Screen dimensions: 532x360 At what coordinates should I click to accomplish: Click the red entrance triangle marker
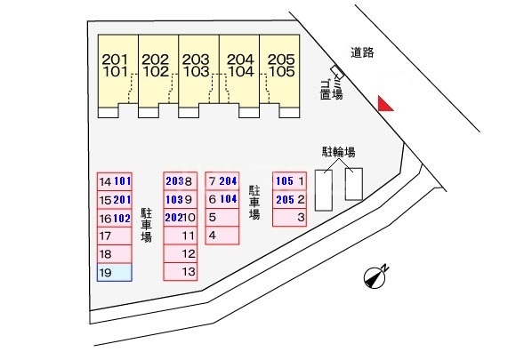384,104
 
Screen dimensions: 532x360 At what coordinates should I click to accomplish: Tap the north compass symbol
375,277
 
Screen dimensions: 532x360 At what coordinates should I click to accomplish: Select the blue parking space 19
115,273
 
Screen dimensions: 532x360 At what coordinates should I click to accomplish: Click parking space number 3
290,217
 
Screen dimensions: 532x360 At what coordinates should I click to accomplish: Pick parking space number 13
181,272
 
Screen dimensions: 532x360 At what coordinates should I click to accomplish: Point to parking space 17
115,236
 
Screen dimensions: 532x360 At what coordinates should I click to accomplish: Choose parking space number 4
222,236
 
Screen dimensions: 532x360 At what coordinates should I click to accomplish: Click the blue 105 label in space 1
285,181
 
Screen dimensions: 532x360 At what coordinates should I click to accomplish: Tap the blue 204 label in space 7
228,181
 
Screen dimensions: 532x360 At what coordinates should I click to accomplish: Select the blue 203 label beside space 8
174,181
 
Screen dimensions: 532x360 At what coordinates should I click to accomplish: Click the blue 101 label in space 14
123,181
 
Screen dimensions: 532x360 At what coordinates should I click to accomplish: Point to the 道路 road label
362,52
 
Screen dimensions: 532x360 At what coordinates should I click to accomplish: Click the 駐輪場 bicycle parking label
339,152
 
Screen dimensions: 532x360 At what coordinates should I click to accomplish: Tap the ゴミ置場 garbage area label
332,89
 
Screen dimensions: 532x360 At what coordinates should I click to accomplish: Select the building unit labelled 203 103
198,76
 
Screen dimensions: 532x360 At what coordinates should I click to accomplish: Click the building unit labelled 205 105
279,76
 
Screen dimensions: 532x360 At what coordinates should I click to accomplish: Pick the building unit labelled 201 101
117,76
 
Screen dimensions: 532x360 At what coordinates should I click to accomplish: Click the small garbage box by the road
337,72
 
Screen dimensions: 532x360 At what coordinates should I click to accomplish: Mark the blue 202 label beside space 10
174,217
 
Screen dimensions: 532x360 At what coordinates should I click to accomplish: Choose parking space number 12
181,253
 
